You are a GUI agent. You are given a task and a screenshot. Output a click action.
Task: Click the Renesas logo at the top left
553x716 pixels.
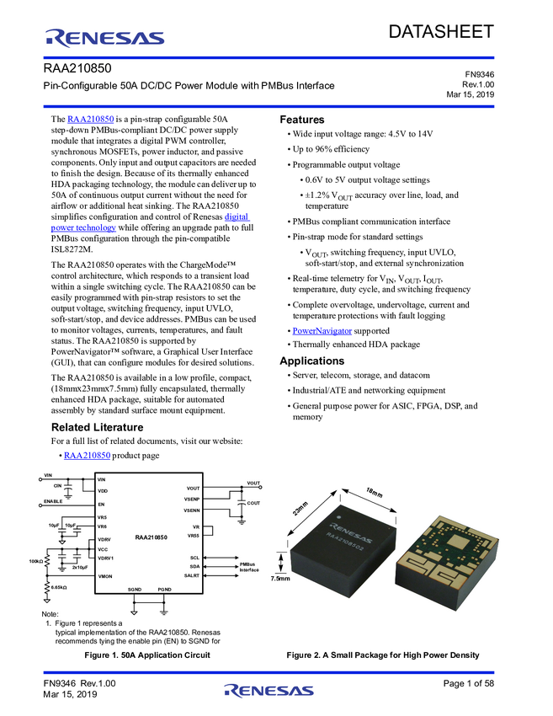(105, 37)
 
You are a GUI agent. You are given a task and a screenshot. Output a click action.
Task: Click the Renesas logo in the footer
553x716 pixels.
(269, 692)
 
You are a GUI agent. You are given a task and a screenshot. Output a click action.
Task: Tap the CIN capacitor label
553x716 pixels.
(57, 486)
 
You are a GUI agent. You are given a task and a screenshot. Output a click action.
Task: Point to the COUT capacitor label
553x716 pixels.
(253, 503)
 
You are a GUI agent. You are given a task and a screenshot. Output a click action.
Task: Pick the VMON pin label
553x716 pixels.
(105, 576)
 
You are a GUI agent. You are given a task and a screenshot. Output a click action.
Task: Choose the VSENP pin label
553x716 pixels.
(191, 500)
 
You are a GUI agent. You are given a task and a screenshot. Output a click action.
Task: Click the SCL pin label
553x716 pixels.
(194, 558)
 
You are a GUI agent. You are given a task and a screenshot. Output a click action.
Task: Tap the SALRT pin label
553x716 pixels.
(192, 575)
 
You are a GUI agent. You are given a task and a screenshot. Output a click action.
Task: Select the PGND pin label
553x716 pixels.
(164, 590)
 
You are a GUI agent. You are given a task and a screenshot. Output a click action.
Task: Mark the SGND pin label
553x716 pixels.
(135, 590)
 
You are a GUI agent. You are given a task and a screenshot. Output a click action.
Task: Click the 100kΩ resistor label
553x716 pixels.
(35, 560)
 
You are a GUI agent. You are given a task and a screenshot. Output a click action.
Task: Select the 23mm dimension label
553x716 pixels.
(300, 510)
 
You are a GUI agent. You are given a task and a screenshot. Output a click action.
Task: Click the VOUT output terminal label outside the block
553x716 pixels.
(253, 483)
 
